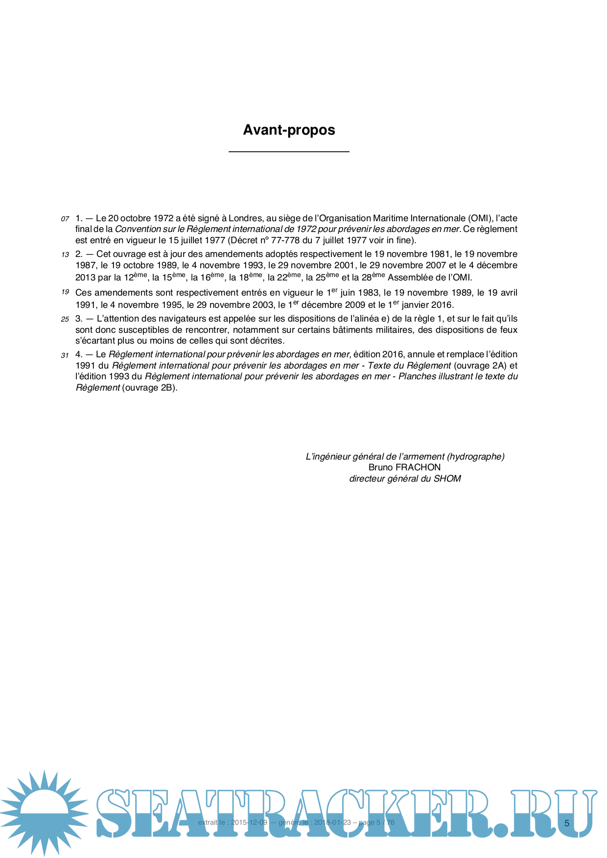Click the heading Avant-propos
click(289, 130)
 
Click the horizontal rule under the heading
click(289, 152)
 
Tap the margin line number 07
click(65, 219)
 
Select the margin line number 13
click(65, 255)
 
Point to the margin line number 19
click(65, 292)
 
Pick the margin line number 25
click(65, 319)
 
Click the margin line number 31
click(65, 355)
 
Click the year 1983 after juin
click(368, 293)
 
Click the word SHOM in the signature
click(447, 479)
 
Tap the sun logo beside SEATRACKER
click(44, 812)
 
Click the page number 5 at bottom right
click(567, 823)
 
